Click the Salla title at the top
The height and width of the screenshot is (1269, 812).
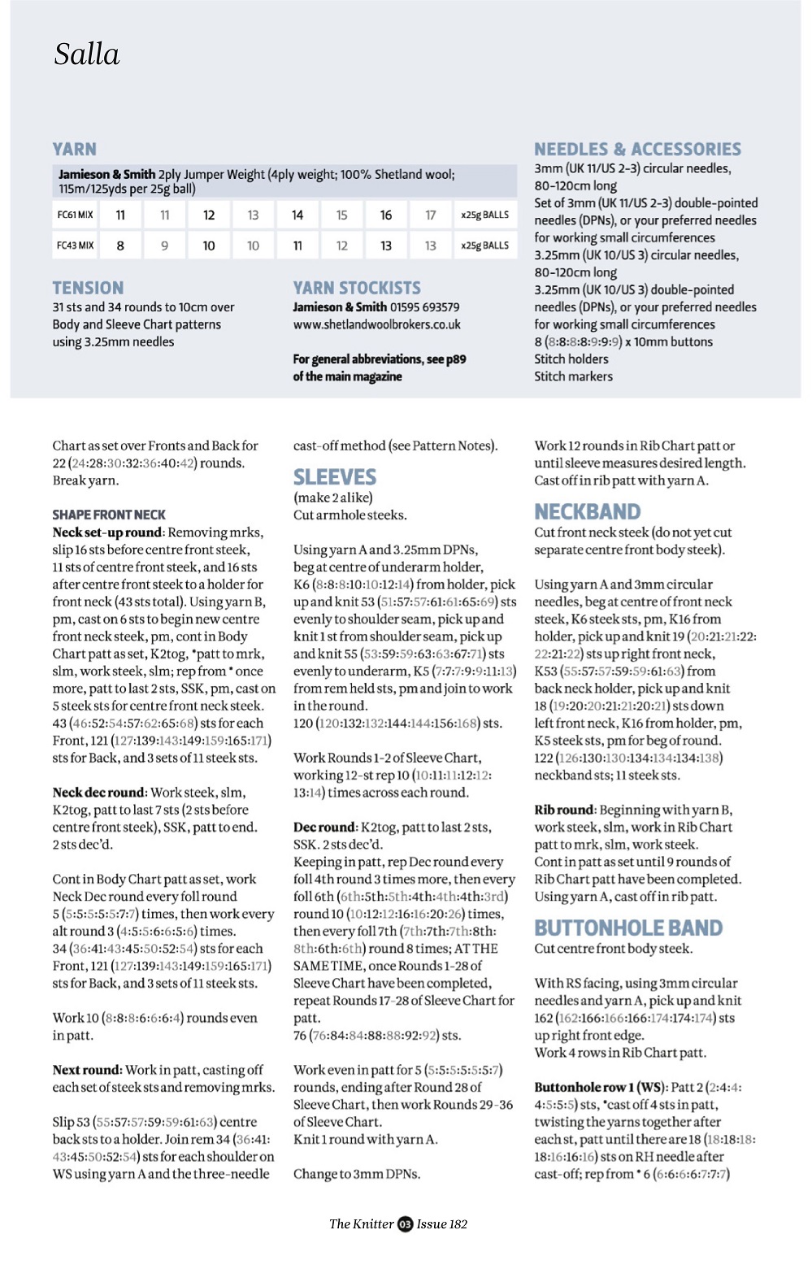point(87,54)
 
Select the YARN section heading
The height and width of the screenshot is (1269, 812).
point(75,150)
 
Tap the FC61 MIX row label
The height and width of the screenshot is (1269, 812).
point(75,215)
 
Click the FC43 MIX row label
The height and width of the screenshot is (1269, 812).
point(75,246)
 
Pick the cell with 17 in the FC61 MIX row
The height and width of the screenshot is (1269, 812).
point(430,215)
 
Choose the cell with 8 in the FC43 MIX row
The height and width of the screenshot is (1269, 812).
point(120,246)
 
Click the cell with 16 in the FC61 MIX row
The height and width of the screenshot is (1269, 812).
point(386,215)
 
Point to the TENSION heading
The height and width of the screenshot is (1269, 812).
point(88,289)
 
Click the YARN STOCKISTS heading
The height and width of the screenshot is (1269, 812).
point(357,289)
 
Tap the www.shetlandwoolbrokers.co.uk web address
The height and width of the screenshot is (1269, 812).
point(377,324)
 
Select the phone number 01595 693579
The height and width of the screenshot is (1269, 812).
point(424,307)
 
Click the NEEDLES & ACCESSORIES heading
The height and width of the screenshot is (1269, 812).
point(637,150)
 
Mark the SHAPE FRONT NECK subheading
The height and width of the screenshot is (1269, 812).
point(109,515)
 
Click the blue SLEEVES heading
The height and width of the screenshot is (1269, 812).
point(335,477)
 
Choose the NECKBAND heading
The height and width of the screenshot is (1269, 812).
point(588,512)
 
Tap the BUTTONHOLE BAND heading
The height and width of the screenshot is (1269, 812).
point(628,928)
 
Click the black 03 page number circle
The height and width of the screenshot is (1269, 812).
point(405,1224)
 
